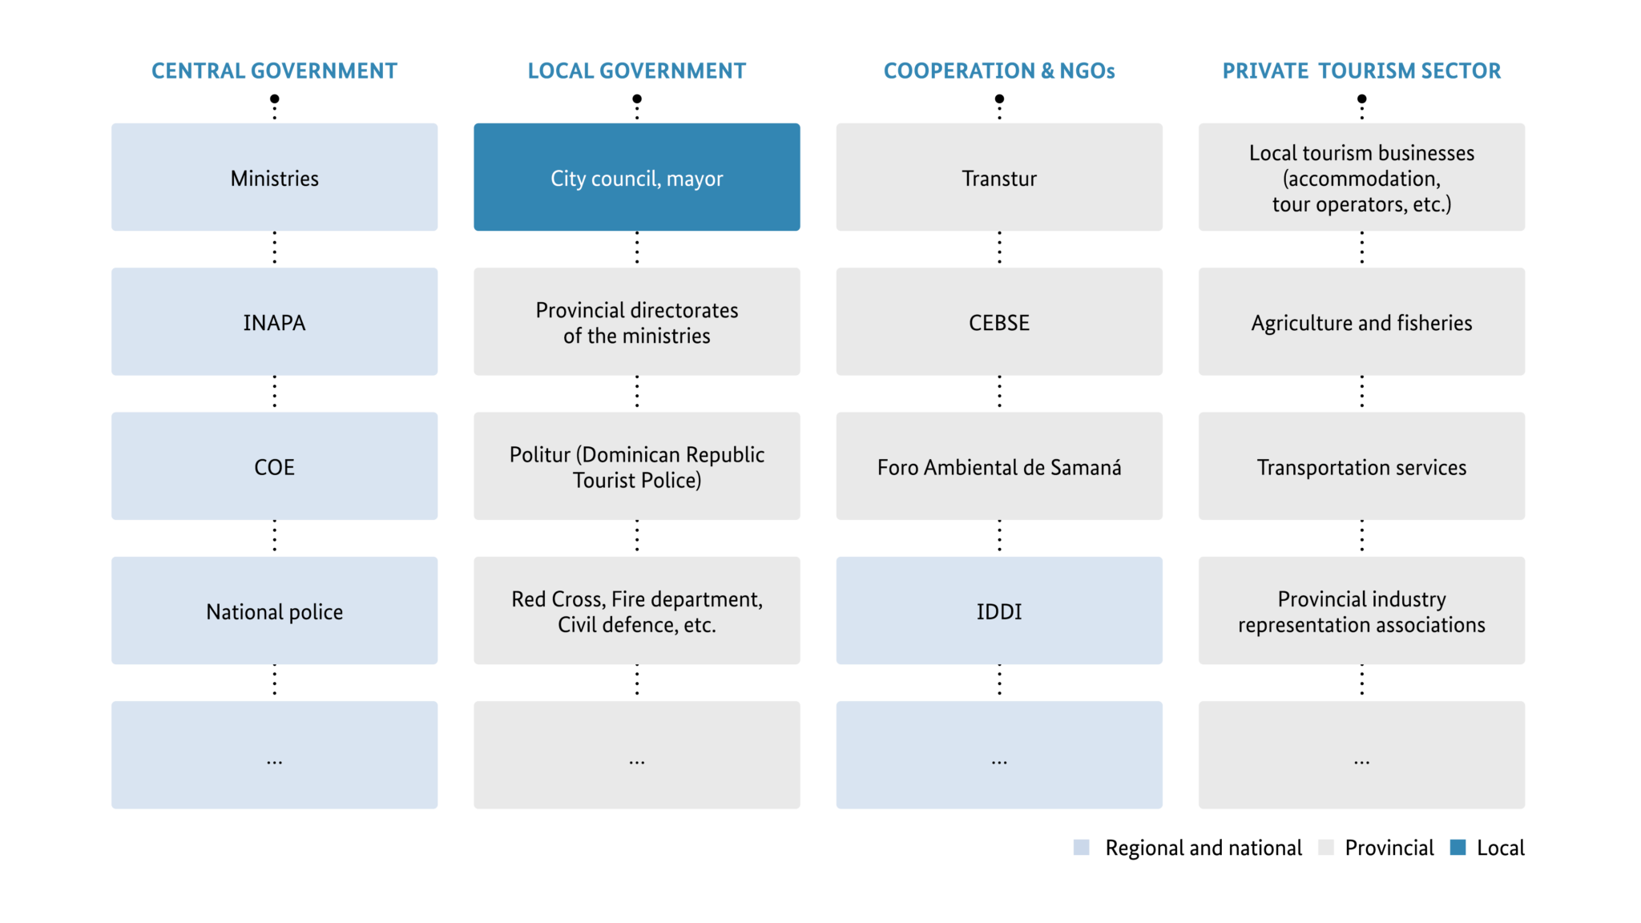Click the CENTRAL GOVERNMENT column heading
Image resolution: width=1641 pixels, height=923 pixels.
pyautogui.click(x=274, y=71)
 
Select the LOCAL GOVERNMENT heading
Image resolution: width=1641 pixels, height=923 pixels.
pyautogui.click(x=637, y=71)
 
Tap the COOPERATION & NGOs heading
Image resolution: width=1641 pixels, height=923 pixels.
pyautogui.click(x=999, y=71)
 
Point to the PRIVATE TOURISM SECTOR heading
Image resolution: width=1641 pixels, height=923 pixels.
pyautogui.click(x=1361, y=71)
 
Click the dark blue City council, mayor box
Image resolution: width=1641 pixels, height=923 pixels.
pyautogui.click(x=637, y=177)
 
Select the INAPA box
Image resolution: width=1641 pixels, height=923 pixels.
pyautogui.click(x=274, y=321)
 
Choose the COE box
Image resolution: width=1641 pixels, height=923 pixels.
pyautogui.click(x=274, y=466)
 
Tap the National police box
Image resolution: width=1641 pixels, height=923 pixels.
pyautogui.click(x=274, y=611)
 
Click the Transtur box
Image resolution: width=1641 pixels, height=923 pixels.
pyautogui.click(x=999, y=177)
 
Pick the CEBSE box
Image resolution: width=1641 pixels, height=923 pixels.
pyautogui.click(x=999, y=321)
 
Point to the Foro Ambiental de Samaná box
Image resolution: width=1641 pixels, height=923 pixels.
pyautogui.click(x=999, y=466)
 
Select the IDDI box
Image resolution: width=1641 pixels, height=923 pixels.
pyautogui.click(x=999, y=611)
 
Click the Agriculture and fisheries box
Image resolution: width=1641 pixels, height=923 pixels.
pyautogui.click(x=1361, y=321)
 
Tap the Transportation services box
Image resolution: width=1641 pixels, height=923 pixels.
pyautogui.click(x=1361, y=466)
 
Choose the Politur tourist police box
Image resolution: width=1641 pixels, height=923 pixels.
pyautogui.click(x=637, y=466)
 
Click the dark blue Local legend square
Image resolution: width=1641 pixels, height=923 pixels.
pyautogui.click(x=1458, y=847)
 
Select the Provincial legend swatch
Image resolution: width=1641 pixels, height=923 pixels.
pyautogui.click(x=1326, y=847)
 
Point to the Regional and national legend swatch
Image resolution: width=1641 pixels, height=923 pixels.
pyautogui.click(x=1082, y=847)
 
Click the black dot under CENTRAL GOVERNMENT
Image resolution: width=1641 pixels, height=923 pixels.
pyautogui.click(x=275, y=99)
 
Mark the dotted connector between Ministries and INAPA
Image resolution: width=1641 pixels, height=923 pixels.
pyautogui.click(x=275, y=248)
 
